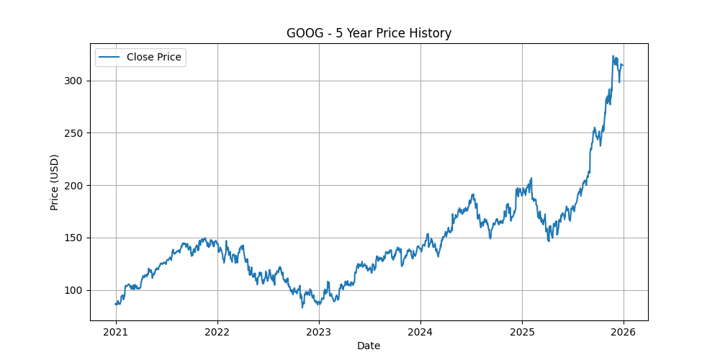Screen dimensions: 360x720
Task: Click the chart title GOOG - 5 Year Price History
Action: pyautogui.click(x=369, y=33)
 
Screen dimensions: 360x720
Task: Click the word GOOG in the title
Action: pyautogui.click(x=303, y=33)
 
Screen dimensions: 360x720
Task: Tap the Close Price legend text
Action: pyautogui.click(x=154, y=57)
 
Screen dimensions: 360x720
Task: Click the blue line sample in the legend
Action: pyautogui.click(x=109, y=57)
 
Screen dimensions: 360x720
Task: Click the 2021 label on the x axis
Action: pyautogui.click(x=116, y=332)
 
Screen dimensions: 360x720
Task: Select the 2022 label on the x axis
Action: pyautogui.click(x=217, y=332)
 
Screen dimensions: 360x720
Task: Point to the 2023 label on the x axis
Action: pyautogui.click(x=319, y=332)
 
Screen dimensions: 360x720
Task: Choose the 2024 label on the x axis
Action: pyautogui.click(x=420, y=332)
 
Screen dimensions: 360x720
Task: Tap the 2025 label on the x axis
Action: pyautogui.click(x=522, y=332)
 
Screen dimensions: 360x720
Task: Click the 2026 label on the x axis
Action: pyautogui.click(x=624, y=332)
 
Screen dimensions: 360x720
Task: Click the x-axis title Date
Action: pyautogui.click(x=369, y=346)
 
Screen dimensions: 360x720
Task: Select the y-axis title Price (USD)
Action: pyautogui.click(x=55, y=181)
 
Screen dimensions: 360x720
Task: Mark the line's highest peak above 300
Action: pyautogui.click(x=613, y=56)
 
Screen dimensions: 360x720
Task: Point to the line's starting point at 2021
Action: pyautogui.click(x=116, y=304)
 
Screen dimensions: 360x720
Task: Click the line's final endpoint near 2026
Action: pyautogui.click(x=623, y=65)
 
